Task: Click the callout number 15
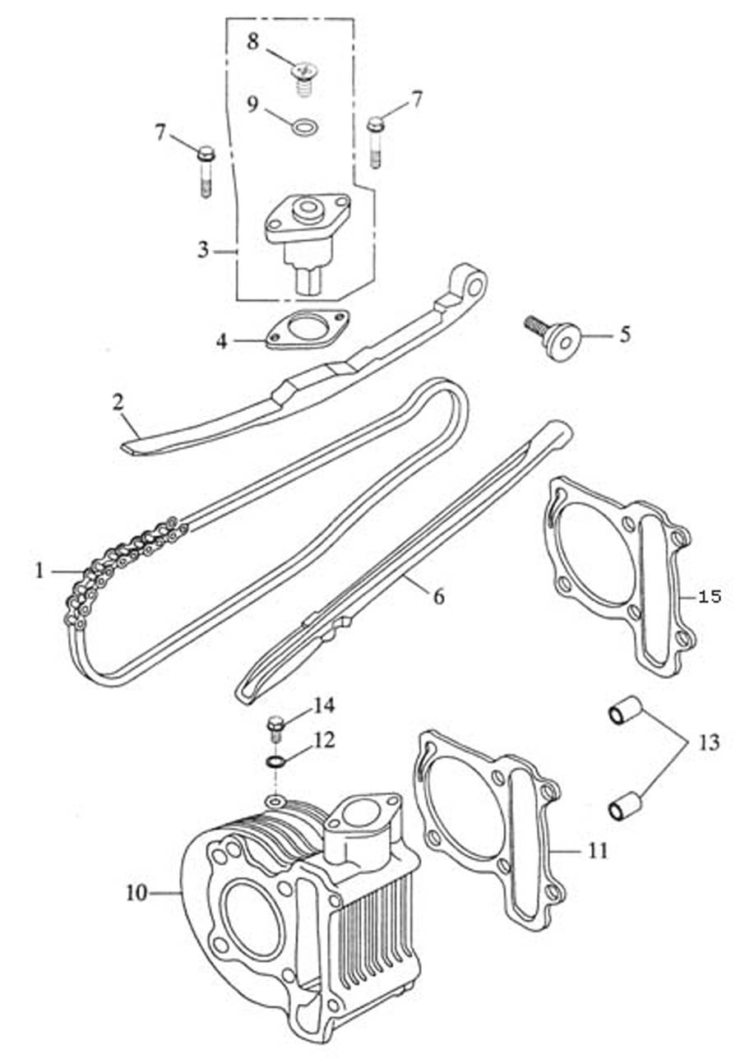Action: coord(709,596)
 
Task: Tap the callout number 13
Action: coord(709,743)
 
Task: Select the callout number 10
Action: coord(136,892)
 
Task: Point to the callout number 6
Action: coord(438,596)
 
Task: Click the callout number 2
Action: coord(118,402)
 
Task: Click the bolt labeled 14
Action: coord(276,726)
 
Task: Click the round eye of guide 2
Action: coord(473,284)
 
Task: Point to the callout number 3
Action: coord(202,250)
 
